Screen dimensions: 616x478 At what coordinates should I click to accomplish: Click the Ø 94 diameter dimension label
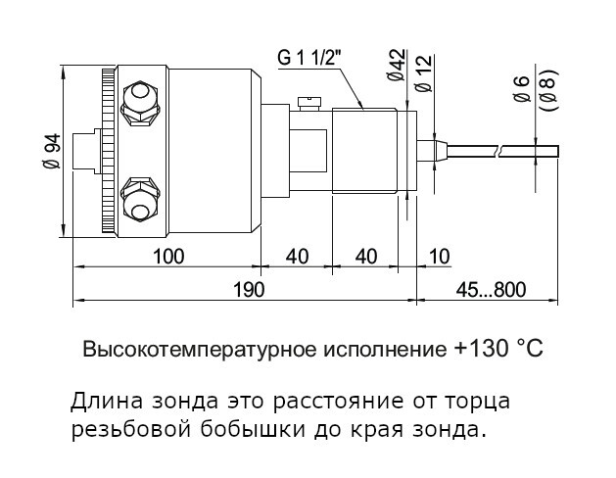pyautogui.click(x=51, y=151)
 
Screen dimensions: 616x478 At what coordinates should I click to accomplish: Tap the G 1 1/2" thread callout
pyautogui.click(x=308, y=58)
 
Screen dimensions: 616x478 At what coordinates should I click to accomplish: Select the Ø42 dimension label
pyautogui.click(x=397, y=66)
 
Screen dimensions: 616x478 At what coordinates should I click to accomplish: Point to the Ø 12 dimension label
pyautogui.click(x=423, y=73)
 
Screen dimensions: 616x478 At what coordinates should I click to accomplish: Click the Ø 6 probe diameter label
pyautogui.click(x=523, y=89)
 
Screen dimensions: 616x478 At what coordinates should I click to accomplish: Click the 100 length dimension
pyautogui.click(x=168, y=257)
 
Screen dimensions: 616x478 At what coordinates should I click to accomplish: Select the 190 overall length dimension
pyautogui.click(x=249, y=290)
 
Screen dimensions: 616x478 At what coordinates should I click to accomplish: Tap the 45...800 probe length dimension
pyautogui.click(x=491, y=290)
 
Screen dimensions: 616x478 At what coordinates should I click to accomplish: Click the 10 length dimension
pyautogui.click(x=440, y=257)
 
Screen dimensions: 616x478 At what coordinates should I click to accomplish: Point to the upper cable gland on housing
pyautogui.click(x=140, y=103)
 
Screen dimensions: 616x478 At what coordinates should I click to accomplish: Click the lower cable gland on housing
pyautogui.click(x=140, y=201)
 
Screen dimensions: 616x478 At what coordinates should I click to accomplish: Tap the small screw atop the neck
pyautogui.click(x=309, y=103)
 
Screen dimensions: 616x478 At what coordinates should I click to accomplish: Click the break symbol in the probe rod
pyautogui.click(x=500, y=151)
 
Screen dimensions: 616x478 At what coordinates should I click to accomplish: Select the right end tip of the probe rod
pyautogui.click(x=558, y=151)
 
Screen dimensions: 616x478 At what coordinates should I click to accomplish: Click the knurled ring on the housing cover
pyautogui.click(x=108, y=151)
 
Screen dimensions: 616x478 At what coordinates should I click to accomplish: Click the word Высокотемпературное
pyautogui.click(x=200, y=349)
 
